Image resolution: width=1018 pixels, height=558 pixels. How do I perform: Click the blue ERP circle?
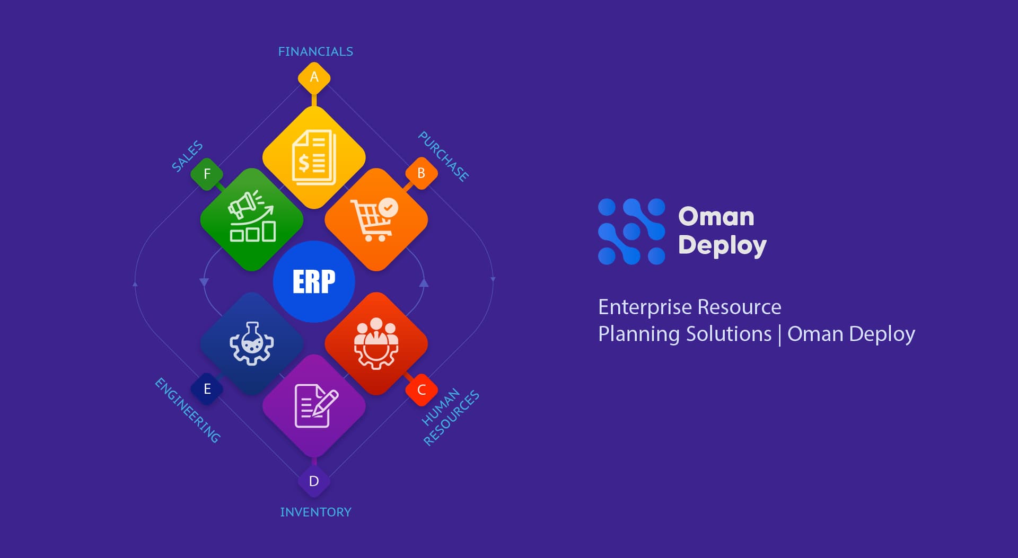pyautogui.click(x=314, y=281)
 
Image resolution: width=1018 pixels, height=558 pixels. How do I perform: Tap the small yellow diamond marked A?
pyautogui.click(x=314, y=77)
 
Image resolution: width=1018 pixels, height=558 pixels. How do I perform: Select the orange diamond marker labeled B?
pyautogui.click(x=422, y=173)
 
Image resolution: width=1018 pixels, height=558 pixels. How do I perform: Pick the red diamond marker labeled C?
pyautogui.click(x=422, y=390)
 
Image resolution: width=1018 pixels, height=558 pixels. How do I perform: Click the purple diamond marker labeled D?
pyautogui.click(x=314, y=481)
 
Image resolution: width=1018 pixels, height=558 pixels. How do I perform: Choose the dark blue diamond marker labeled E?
pyautogui.click(x=207, y=389)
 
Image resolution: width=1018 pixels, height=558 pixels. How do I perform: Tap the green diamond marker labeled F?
pyautogui.click(x=207, y=174)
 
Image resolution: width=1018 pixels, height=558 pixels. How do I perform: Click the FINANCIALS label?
pyautogui.click(x=315, y=51)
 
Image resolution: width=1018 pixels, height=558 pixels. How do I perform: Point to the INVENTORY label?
pyautogui.click(x=315, y=512)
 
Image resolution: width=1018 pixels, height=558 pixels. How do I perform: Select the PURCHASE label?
pyautogui.click(x=443, y=156)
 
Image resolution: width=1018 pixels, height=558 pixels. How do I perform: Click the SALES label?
pyautogui.click(x=187, y=156)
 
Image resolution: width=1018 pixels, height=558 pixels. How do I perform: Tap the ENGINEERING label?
pyautogui.click(x=187, y=411)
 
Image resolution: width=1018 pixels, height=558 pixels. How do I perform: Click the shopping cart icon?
pyautogui.click(x=375, y=219)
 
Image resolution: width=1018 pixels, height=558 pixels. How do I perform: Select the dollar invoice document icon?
pyautogui.click(x=314, y=157)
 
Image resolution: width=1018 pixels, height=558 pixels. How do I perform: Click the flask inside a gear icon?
pyautogui.click(x=252, y=344)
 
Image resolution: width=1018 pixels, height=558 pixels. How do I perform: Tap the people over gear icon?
pyautogui.click(x=376, y=344)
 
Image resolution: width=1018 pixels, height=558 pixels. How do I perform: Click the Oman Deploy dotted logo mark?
pyautogui.click(x=631, y=232)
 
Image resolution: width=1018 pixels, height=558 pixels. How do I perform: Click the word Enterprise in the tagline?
pyautogui.click(x=645, y=307)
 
